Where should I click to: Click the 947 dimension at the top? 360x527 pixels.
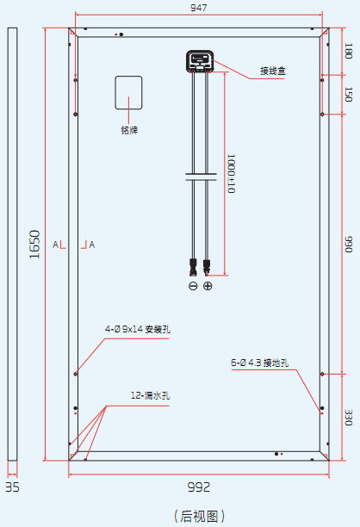pos(199,8)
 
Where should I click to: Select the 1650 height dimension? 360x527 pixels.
pos(34,245)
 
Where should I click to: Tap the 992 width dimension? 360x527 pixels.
pos(199,487)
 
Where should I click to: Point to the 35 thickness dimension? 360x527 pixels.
pos(12,487)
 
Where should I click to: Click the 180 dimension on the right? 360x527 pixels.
pos(349,51)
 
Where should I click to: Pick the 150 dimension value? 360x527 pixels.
pos(349,94)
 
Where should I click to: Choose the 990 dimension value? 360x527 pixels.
pos(349,245)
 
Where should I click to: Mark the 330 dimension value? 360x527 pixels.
pos(349,417)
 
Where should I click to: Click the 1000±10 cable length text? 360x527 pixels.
pos(231,173)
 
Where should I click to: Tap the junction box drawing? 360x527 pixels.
pos(200,61)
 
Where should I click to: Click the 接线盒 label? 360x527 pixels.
pos(273,71)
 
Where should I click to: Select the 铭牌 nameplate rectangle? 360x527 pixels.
pos(128,93)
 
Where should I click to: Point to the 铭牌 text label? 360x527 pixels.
pos(129,130)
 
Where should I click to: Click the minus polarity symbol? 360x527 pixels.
pos(193,286)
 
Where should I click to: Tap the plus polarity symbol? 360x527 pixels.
pos(208,286)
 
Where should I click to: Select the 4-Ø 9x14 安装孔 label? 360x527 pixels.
pos(138,329)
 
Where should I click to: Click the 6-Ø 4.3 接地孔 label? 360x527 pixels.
pos(259,363)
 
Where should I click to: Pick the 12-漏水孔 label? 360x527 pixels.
pos(150,395)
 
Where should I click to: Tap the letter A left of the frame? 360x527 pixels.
pos(55,245)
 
